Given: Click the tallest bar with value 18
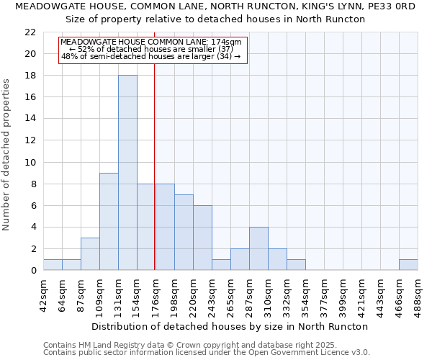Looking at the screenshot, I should point(127,173).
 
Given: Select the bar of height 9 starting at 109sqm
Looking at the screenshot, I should point(109,221).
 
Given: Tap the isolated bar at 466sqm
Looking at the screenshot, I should point(408,265).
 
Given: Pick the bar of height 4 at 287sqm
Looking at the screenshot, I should point(258,248).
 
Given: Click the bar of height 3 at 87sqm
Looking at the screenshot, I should point(90,253).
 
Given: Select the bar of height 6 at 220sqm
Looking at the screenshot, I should point(202,238).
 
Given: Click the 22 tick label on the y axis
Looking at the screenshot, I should point(30,32).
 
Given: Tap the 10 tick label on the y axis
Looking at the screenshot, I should point(30,163).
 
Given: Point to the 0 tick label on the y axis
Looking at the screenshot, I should point(33,271).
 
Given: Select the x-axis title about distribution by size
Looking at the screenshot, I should point(230,326).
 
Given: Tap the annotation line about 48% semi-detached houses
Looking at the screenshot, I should point(150,56).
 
